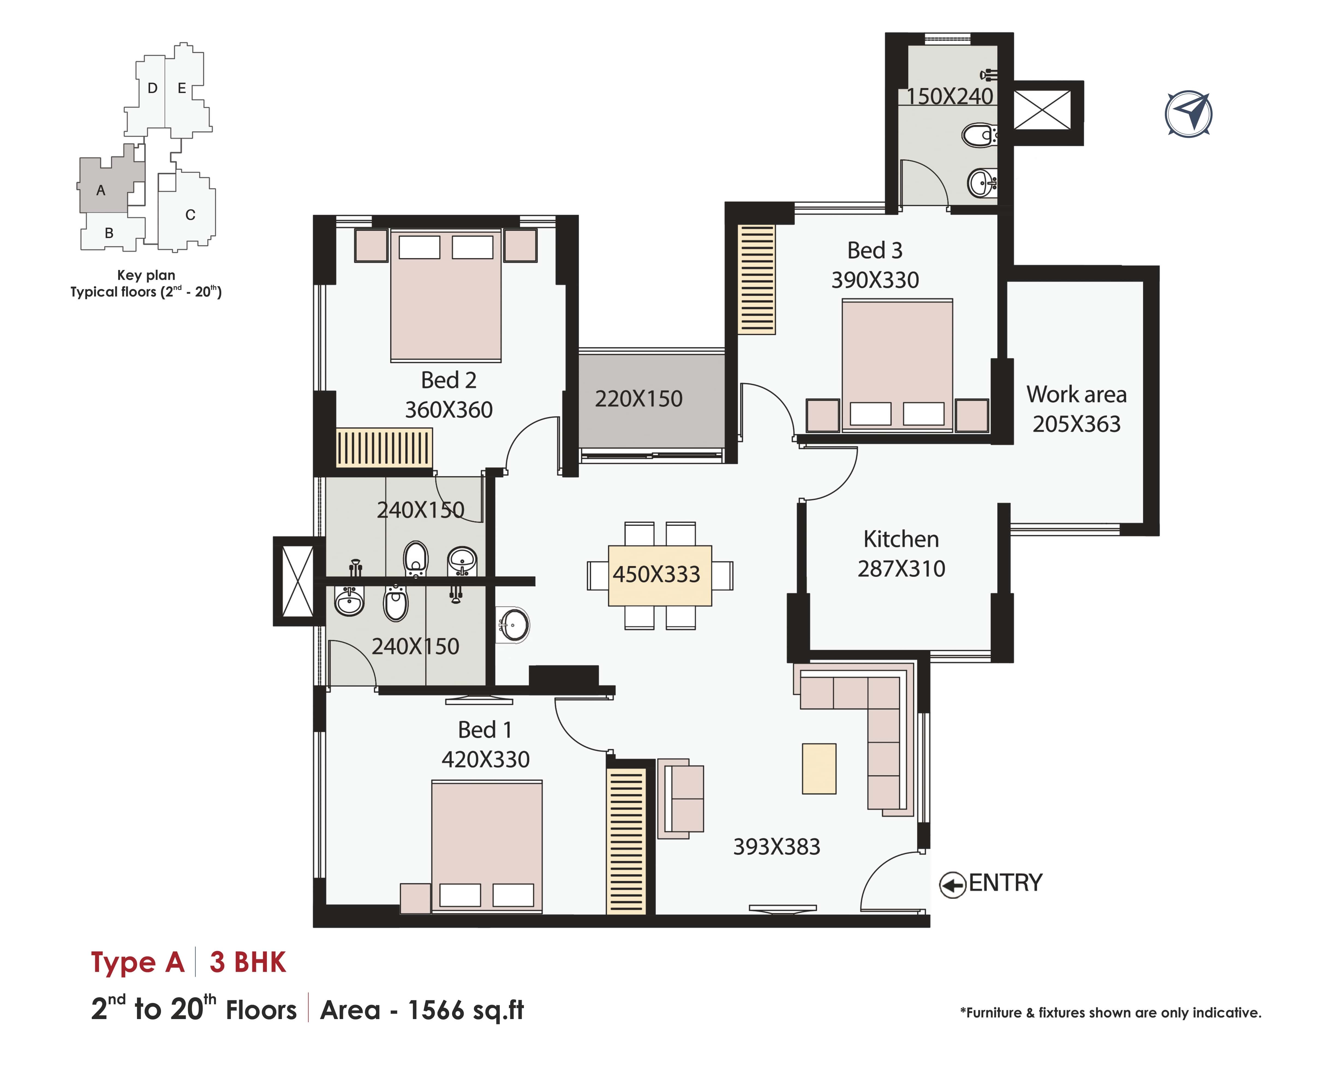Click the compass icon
1188,114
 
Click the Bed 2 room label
449,380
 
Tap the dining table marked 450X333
660,575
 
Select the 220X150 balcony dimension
639,399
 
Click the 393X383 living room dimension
777,847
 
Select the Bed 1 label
485,730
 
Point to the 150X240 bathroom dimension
950,96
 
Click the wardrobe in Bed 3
757,279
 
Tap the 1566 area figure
435,1010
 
